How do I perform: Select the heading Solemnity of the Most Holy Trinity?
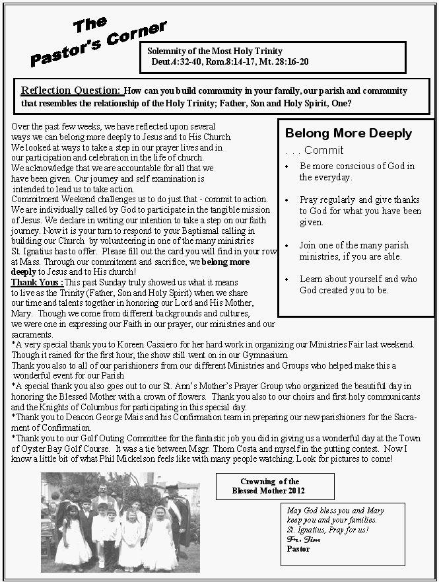click(215, 51)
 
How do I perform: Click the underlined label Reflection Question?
click(72, 91)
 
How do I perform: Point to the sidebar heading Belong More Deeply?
click(349, 133)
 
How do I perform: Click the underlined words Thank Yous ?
click(38, 282)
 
